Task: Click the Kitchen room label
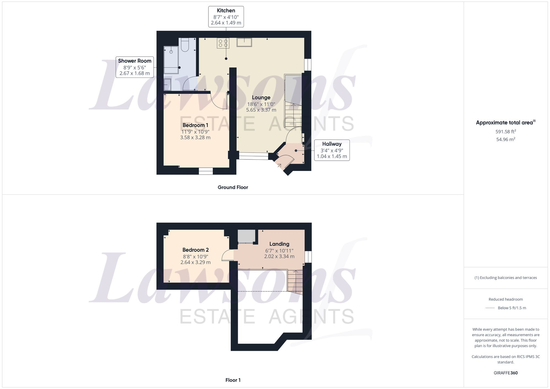[226, 11]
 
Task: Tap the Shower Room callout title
[134, 61]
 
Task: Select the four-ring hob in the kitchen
[223, 43]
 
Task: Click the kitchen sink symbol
[244, 42]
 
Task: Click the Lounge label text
[261, 98]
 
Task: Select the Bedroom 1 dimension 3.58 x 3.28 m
[195, 137]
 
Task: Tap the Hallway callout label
[332, 144]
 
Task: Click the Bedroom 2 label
[196, 250]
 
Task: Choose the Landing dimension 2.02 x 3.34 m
[279, 256]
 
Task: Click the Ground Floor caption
[233, 187]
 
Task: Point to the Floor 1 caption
[233, 380]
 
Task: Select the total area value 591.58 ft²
[505, 132]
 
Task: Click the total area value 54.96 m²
[505, 139]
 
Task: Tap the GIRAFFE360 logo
[505, 373]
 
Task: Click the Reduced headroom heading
[505, 299]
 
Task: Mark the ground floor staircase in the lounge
[293, 114]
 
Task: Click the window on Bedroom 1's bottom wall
[206, 171]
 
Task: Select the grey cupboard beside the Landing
[246, 236]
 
